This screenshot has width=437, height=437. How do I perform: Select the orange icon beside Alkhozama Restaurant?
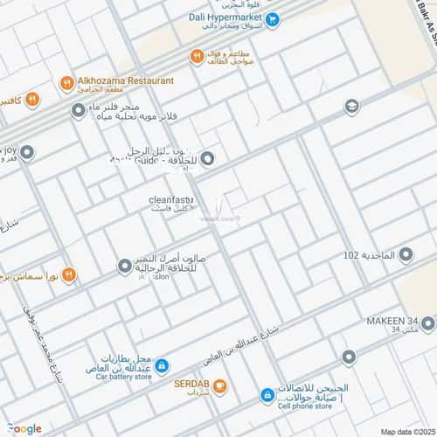coord(66,82)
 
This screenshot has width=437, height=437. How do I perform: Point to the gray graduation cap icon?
coord(351,106)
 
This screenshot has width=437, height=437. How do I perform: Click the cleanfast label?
coord(170,200)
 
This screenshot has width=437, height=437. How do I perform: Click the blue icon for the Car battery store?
coord(162,366)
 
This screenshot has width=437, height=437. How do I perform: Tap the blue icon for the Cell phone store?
coord(266,396)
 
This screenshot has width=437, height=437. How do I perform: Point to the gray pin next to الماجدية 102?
coord(406,254)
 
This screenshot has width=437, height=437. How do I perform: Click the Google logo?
coord(24,427)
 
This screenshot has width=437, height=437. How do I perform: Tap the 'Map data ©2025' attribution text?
coord(406,431)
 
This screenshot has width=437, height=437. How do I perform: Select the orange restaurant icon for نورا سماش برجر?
coord(68,274)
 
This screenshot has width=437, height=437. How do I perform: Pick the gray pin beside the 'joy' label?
coord(27,153)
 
